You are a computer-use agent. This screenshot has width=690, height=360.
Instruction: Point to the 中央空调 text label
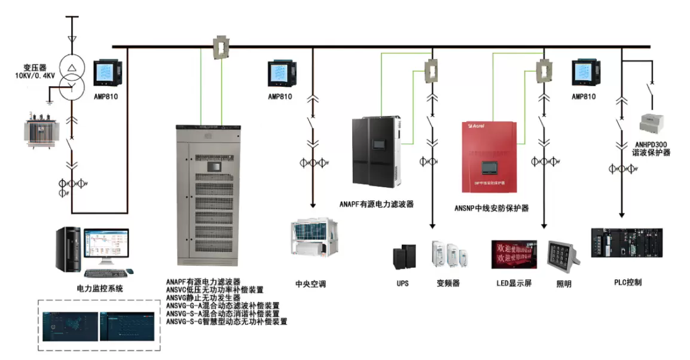pyautogui.click(x=311, y=283)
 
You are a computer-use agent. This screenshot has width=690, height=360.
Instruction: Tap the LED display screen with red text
pyautogui.click(x=512, y=254)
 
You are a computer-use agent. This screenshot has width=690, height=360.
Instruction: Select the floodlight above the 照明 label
pyautogui.click(x=563, y=254)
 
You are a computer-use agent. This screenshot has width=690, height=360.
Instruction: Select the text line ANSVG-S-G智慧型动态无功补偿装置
pyautogui.click(x=227, y=321)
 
